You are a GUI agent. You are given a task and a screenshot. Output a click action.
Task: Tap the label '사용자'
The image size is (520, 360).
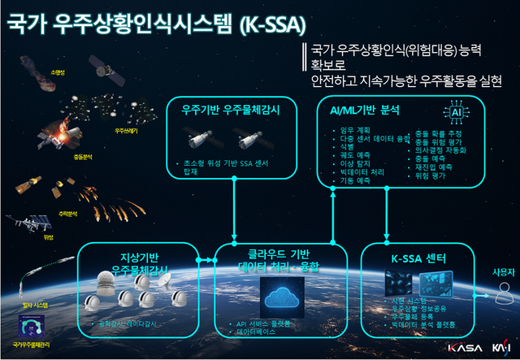[x=504, y=271]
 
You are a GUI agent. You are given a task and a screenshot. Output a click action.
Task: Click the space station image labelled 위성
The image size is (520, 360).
[x=25, y=223]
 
